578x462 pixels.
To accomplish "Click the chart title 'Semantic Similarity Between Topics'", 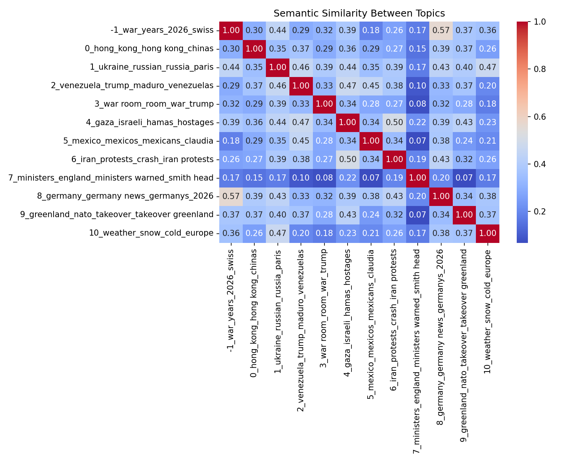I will (x=359, y=13).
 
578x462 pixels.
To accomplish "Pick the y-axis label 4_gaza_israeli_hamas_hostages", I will (x=150, y=122).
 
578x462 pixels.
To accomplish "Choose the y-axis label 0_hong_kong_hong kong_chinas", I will (x=149, y=49).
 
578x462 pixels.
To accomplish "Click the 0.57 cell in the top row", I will (x=441, y=30).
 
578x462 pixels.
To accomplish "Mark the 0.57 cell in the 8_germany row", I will (x=231, y=196).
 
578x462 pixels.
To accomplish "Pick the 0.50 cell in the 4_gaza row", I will (x=394, y=122).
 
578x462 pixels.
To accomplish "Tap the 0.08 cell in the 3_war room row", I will (x=417, y=104).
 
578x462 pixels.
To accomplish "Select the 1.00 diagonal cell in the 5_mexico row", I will (x=371, y=141).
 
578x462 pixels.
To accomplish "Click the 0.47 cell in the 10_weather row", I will (x=277, y=233).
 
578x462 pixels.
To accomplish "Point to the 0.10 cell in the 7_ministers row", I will (x=301, y=178).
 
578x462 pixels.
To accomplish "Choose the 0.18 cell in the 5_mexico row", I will (x=231, y=141).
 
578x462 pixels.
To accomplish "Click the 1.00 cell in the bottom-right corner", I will (x=487, y=233).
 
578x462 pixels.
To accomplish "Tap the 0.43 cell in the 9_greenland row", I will (x=348, y=215).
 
